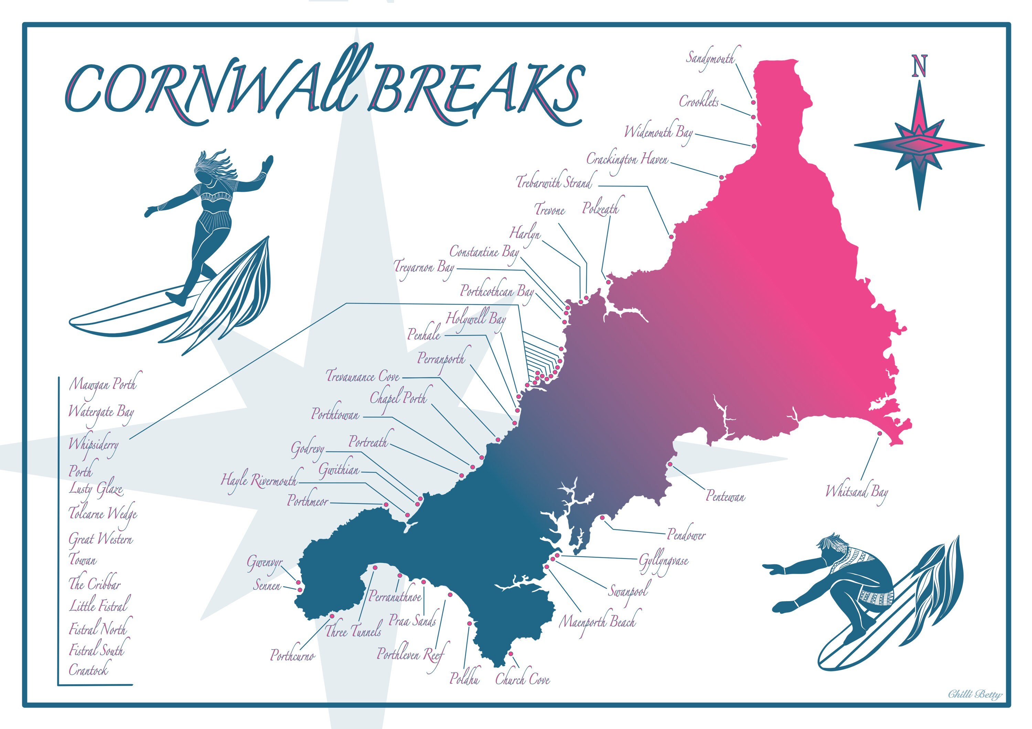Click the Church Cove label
pyautogui.click(x=522, y=679)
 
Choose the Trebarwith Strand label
pyautogui.click(x=554, y=183)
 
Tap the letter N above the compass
pyautogui.click(x=919, y=66)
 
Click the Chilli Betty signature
pyautogui.click(x=975, y=694)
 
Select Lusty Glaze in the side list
pyautogui.click(x=96, y=489)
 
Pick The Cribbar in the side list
pyautogui.click(x=94, y=584)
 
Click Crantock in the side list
pyautogui.click(x=88, y=670)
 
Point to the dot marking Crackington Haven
pyautogui.click(x=721, y=177)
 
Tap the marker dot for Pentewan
pyautogui.click(x=670, y=464)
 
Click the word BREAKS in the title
pyautogui.click(x=476, y=90)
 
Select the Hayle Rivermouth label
pyautogui.click(x=259, y=481)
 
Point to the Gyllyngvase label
pyautogui.click(x=664, y=561)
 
